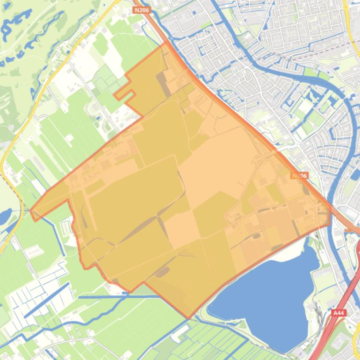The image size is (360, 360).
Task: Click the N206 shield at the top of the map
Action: click(142, 10)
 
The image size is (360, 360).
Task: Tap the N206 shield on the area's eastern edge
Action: click(299, 176)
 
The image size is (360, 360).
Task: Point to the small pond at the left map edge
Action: click(4, 216)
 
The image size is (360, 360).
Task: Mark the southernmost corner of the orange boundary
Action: click(189, 318)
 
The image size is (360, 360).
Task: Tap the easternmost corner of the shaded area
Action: click(330, 210)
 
